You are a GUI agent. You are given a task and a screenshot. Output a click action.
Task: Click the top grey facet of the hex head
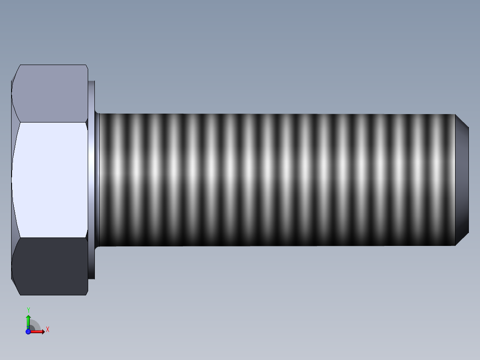tap(50, 93)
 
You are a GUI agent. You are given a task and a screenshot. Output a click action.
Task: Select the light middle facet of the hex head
tap(50, 179)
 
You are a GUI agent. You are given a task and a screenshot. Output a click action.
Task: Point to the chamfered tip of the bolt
tap(462, 180)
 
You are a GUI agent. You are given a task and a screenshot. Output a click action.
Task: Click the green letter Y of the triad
tap(28, 310)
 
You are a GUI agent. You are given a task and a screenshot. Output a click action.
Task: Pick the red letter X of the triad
tap(48, 330)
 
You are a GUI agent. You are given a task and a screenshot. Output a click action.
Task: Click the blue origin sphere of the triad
tap(28, 331)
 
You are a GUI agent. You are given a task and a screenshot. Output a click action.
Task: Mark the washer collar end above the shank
tap(92, 96)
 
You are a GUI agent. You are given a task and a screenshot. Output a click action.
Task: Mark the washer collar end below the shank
tap(92, 263)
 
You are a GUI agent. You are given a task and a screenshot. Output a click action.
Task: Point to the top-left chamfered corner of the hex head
tap(15, 73)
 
